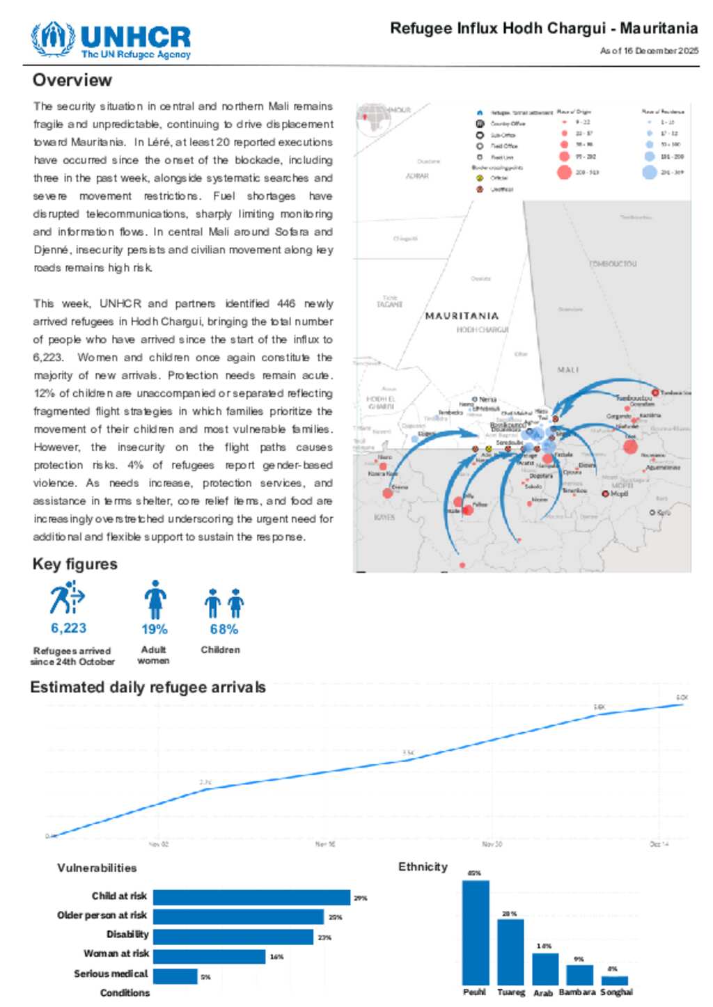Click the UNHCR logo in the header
click(111, 40)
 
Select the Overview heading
click(72, 80)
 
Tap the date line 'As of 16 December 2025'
click(649, 51)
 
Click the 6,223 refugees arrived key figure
click(69, 628)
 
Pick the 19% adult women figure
click(154, 629)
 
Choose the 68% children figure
click(224, 629)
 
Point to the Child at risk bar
click(251, 897)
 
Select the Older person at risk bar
click(238, 917)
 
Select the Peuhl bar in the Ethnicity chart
click(476, 932)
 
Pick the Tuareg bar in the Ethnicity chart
click(510, 951)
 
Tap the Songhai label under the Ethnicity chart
click(616, 992)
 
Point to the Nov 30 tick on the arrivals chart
click(492, 844)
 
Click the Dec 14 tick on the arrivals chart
click(659, 844)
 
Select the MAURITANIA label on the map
click(462, 316)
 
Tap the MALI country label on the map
click(567, 370)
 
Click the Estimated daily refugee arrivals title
click(148, 688)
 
